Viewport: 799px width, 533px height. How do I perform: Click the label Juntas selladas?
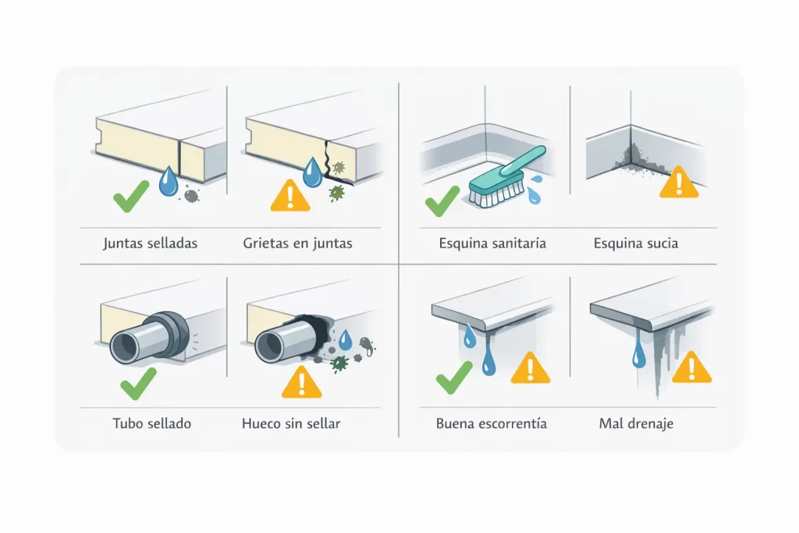click(x=150, y=243)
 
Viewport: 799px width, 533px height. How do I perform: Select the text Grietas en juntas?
click(x=297, y=243)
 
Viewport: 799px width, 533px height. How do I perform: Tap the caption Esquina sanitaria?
click(x=492, y=243)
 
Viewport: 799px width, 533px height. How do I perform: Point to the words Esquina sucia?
click(x=635, y=243)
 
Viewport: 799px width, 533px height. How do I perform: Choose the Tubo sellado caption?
click(x=151, y=424)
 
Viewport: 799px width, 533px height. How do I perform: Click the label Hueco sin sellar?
click(x=291, y=424)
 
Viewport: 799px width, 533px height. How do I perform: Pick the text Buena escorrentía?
click(x=491, y=424)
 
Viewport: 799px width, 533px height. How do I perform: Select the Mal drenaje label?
click(x=636, y=424)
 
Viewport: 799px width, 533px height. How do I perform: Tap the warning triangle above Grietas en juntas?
click(x=289, y=196)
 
